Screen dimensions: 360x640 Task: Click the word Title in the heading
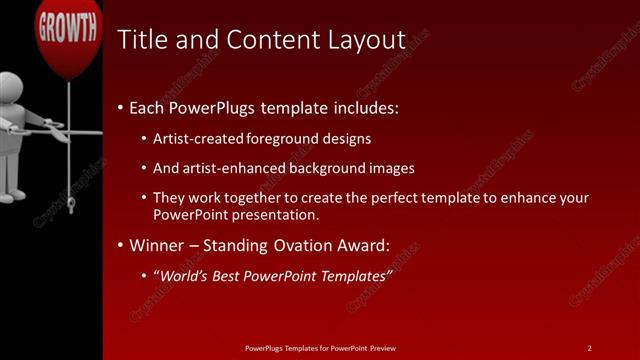point(139,40)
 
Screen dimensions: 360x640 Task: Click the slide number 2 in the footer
point(589,347)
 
